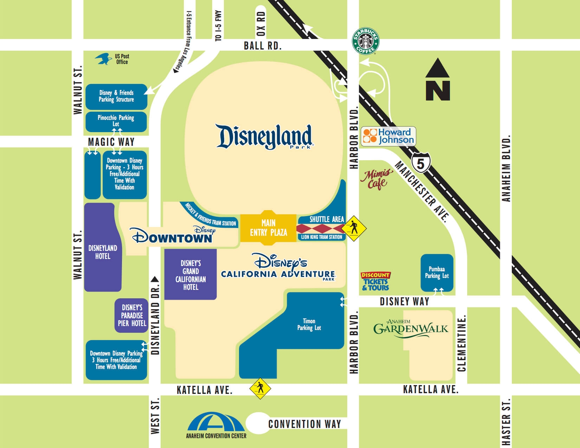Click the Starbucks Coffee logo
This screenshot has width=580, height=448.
click(366, 41)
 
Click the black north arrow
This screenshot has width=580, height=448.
click(438, 80)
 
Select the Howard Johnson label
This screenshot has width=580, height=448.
click(389, 136)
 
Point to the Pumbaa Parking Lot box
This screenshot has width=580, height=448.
click(437, 273)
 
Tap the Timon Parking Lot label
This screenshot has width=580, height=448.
click(309, 324)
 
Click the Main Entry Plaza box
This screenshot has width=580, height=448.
click(269, 228)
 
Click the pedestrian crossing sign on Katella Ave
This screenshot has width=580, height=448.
click(260, 389)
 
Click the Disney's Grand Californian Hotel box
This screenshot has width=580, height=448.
click(191, 275)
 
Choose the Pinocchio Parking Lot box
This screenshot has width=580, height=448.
click(116, 121)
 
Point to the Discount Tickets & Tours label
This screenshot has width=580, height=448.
click(375, 281)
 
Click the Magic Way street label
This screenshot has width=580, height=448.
click(111, 142)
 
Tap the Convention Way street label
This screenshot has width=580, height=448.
click(304, 424)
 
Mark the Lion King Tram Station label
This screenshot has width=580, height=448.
click(322, 237)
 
